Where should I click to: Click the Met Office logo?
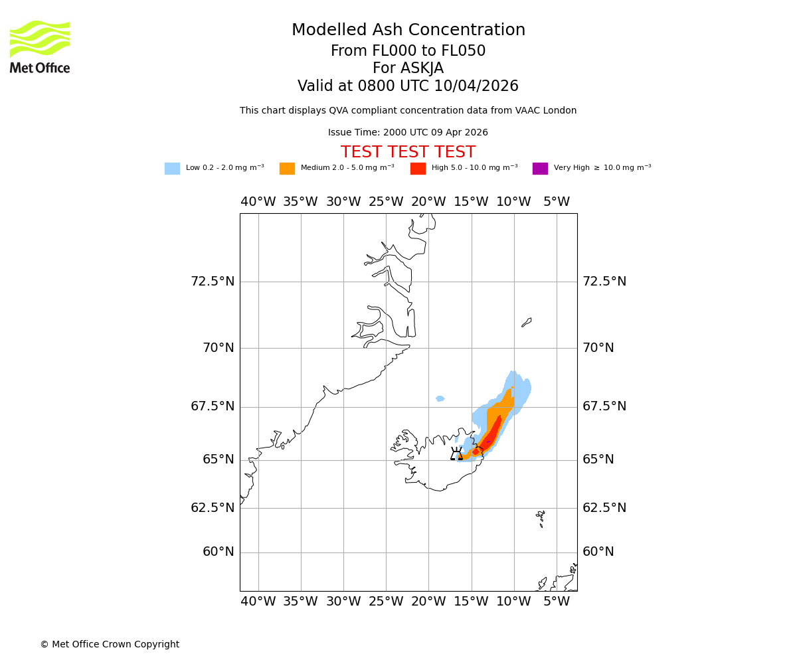[40, 46]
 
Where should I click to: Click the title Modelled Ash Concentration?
[408, 31]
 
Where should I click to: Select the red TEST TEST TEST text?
[408, 153]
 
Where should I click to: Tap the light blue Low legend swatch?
[172, 169]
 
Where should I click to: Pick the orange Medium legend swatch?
[287, 169]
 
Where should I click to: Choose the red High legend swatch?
[418, 169]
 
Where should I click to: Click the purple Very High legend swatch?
[540, 169]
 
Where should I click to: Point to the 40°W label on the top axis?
[258, 202]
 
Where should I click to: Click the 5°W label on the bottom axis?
[557, 602]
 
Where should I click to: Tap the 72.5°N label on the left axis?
[213, 282]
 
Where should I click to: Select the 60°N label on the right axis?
[598, 552]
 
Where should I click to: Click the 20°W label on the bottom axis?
[428, 602]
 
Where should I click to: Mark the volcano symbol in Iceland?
[456, 454]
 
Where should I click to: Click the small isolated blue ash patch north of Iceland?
[440, 398]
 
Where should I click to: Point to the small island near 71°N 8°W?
[527, 322]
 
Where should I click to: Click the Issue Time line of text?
[408, 133]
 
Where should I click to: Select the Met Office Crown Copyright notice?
[110, 645]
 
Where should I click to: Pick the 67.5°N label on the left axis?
[213, 406]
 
